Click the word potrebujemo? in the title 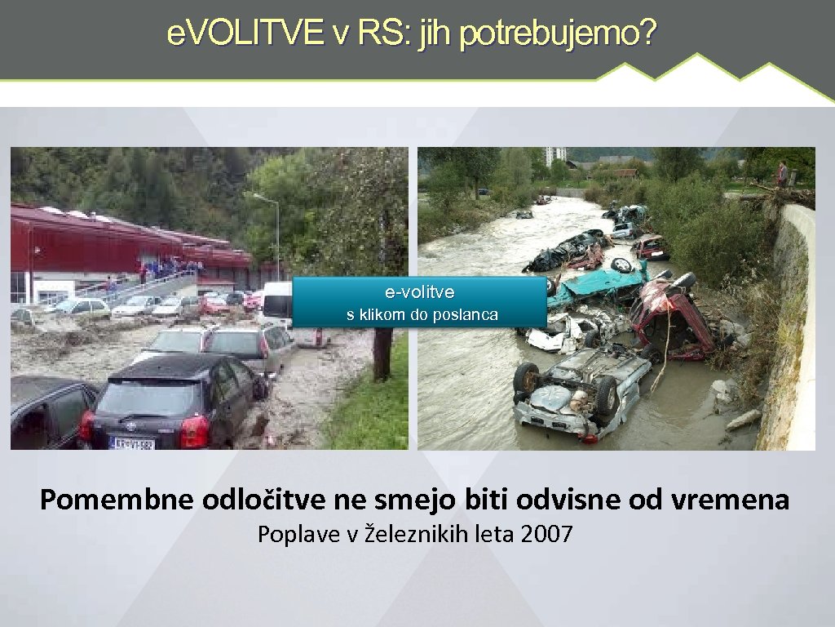point(558,33)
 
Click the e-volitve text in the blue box point(420,292)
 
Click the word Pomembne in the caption point(115,499)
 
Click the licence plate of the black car point(132,443)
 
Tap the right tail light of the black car point(194,431)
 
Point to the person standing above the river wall point(782,173)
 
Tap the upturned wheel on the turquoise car point(621,265)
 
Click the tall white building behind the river point(555,155)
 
